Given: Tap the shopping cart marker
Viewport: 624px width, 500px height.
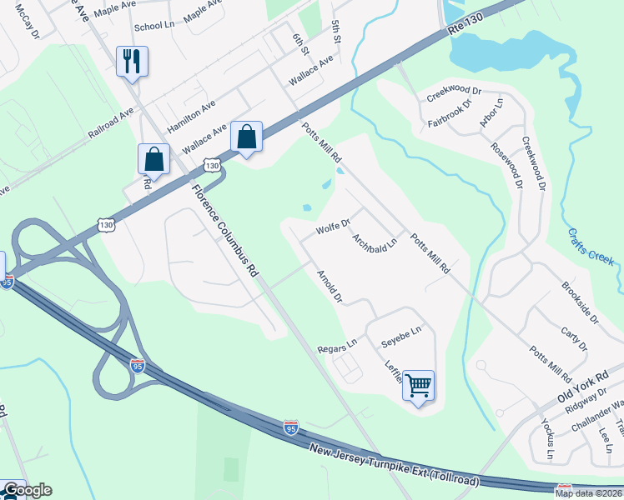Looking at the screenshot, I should pos(418,385).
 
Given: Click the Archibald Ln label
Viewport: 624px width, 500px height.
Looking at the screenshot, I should pos(373,246).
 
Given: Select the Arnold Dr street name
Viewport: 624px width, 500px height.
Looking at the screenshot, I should pos(330,286).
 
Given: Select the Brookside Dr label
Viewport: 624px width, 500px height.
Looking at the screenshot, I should pos(580,301).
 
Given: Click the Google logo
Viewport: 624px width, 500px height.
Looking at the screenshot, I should pos(27,490).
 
